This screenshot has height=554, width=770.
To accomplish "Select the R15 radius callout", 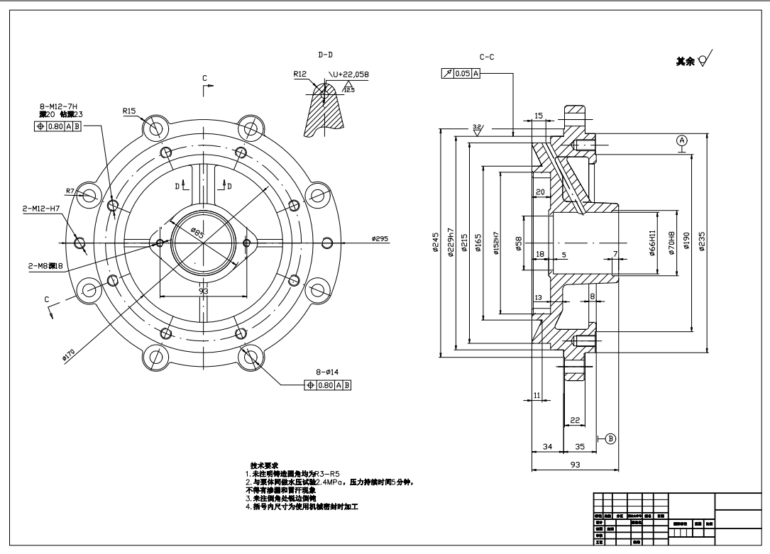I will pyautogui.click(x=129, y=111).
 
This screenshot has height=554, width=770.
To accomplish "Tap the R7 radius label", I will pyautogui.click(x=70, y=191).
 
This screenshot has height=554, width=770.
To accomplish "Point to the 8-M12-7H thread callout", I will pyautogui.click(x=58, y=106).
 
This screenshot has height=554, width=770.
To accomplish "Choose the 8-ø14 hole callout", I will pyautogui.click(x=327, y=371).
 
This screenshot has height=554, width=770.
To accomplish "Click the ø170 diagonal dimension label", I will pyautogui.click(x=69, y=353).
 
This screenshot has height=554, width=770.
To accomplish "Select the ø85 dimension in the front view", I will pyautogui.click(x=197, y=233).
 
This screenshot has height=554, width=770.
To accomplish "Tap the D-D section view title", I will pyautogui.click(x=326, y=54).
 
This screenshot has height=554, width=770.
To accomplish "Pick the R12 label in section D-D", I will pyautogui.click(x=299, y=74).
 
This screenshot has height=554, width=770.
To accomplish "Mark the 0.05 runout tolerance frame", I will pyautogui.click(x=461, y=73).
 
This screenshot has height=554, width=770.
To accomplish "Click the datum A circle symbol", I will pyautogui.click(x=682, y=140).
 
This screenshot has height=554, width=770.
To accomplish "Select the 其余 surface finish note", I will pyautogui.click(x=686, y=62).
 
